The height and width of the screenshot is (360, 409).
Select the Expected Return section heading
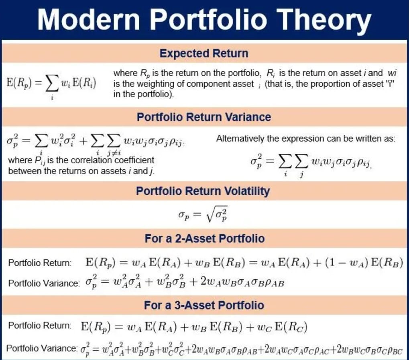pyautogui.click(x=204, y=53)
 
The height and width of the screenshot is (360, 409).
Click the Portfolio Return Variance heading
pyautogui.click(x=204, y=117)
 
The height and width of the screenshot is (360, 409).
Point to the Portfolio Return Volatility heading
pyautogui.click(x=203, y=191)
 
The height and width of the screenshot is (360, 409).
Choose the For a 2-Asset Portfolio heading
pyautogui.click(x=205, y=239)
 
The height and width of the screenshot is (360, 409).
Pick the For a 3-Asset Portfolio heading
pyautogui.click(x=204, y=305)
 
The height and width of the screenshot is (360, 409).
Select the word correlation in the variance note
pyautogui.click(x=92, y=160)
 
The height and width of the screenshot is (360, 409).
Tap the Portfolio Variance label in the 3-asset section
pyautogui.click(x=42, y=348)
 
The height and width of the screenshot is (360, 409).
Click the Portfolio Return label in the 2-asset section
pyautogui.click(x=40, y=263)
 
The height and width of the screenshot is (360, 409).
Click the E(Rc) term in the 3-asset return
pyautogui.click(x=291, y=326)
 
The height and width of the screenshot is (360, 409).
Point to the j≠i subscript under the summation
pyautogui.click(x=114, y=154)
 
